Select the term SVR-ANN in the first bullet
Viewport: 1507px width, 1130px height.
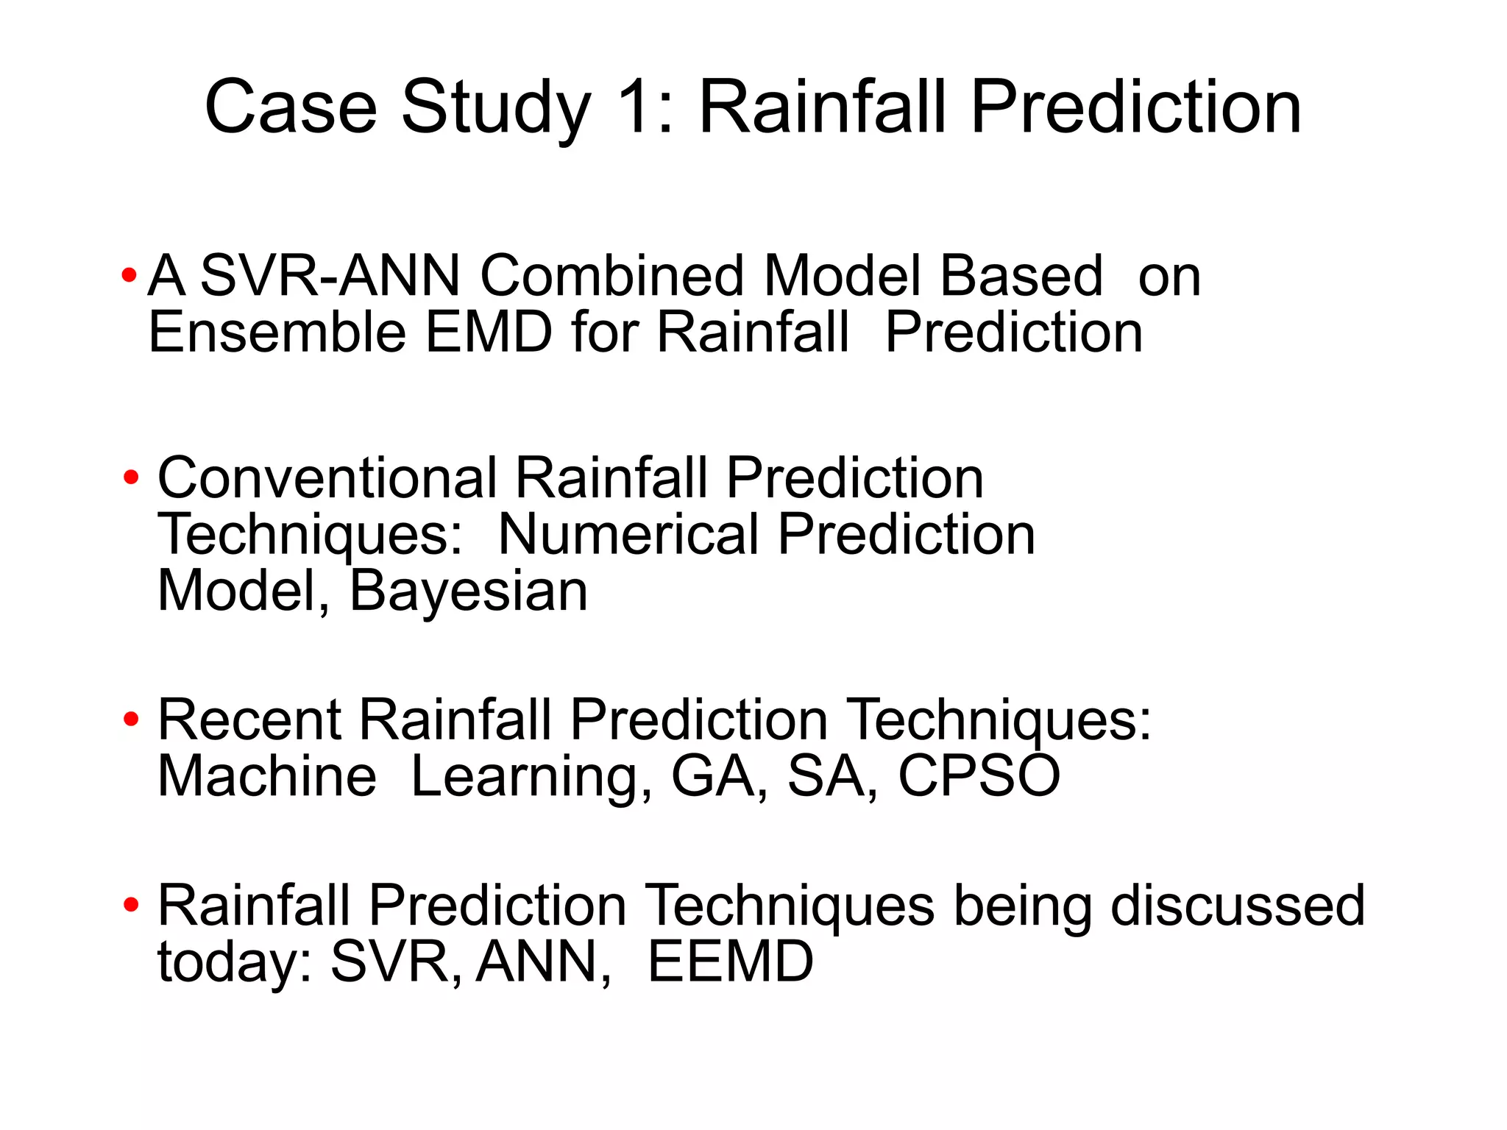(x=330, y=276)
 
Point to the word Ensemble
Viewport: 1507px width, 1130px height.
(x=277, y=333)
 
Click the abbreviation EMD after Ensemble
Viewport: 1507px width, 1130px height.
(x=488, y=333)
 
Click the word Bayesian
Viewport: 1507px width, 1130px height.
(x=468, y=591)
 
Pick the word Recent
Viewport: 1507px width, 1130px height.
(x=249, y=719)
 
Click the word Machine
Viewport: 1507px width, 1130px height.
(x=266, y=776)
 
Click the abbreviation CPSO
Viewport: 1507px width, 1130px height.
(x=979, y=776)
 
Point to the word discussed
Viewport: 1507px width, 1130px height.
(x=1238, y=906)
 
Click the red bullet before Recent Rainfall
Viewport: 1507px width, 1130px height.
(x=131, y=719)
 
